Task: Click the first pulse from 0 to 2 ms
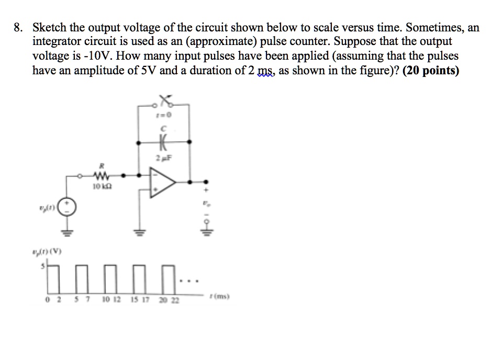click(51, 280)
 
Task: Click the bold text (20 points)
click(429, 71)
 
